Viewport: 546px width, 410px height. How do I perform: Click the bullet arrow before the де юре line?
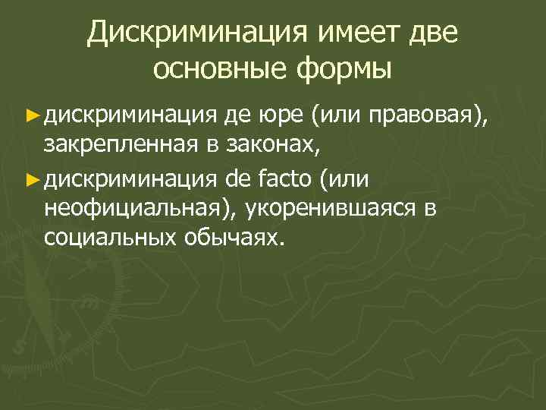[31, 115]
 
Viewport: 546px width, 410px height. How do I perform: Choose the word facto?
[287, 181]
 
